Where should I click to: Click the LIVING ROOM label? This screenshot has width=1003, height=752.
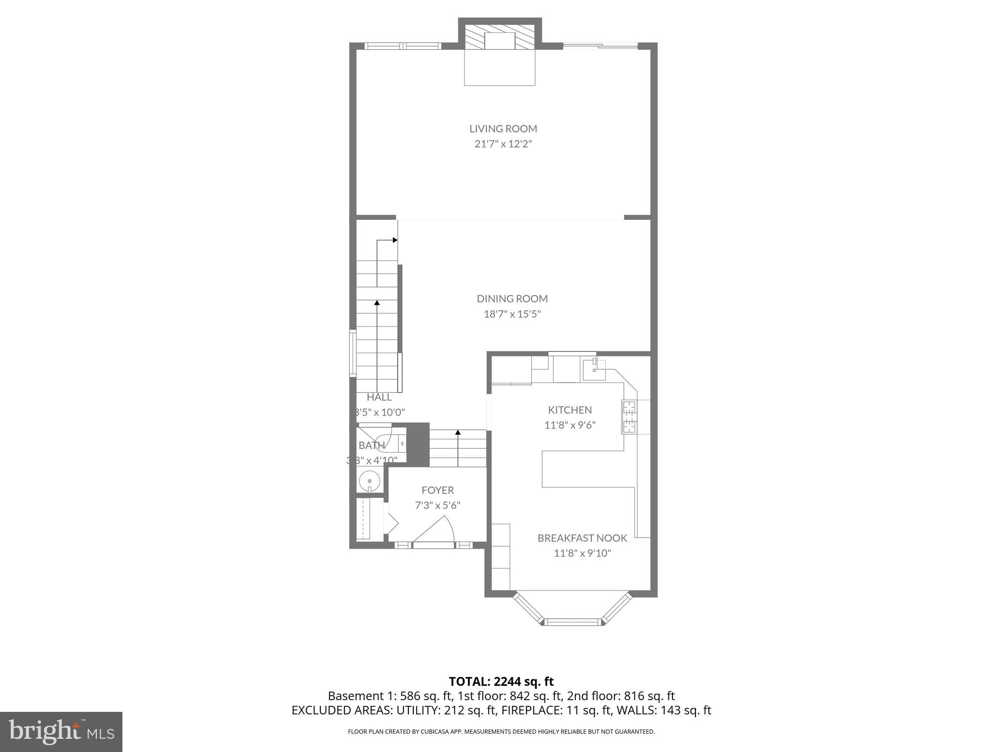tap(503, 129)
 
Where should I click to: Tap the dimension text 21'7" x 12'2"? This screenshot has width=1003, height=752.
tap(503, 144)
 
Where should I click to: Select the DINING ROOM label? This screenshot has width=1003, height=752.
tap(512, 299)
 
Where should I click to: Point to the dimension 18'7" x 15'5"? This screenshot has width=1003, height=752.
tap(512, 314)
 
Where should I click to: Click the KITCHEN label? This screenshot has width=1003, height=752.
tap(570, 410)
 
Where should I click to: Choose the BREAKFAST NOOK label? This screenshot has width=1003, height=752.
tap(582, 538)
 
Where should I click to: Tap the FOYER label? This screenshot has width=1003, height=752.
tap(438, 490)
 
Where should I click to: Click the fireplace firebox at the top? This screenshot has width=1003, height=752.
tap(500, 41)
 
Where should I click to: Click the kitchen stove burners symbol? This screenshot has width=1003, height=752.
tap(629, 417)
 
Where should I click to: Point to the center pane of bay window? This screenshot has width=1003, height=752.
tap(573, 622)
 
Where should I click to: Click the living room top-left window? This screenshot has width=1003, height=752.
tap(403, 46)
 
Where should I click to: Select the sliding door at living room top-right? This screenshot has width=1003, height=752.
tap(600, 46)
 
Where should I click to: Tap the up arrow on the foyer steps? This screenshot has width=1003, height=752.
tap(458, 433)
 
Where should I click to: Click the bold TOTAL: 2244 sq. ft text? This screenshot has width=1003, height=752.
tap(501, 681)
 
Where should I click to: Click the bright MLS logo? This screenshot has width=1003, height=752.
tap(61, 731)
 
